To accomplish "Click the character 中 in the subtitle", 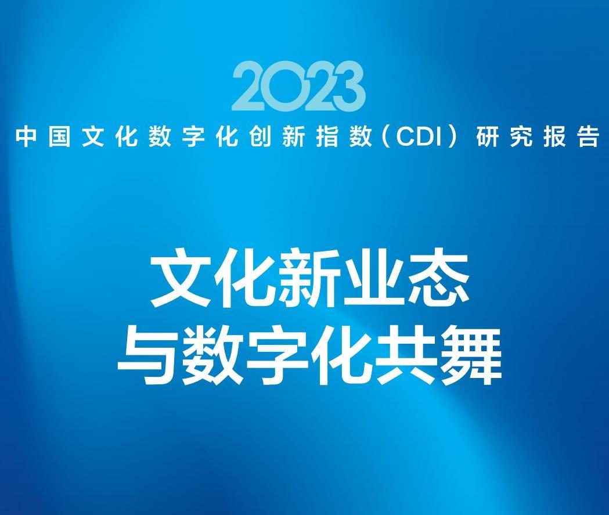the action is tap(26, 136).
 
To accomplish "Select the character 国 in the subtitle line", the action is tap(59, 136).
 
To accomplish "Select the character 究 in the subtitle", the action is tap(521, 136).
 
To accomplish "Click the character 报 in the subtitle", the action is tap(554, 136).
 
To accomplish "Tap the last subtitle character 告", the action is tap(588, 136).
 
